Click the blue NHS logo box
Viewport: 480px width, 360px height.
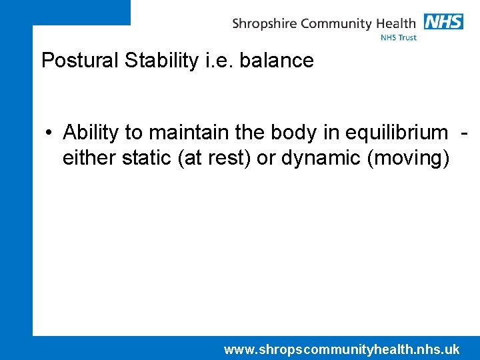(x=443, y=21)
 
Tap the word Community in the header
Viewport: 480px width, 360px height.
(x=335, y=24)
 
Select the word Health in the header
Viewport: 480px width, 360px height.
(x=395, y=23)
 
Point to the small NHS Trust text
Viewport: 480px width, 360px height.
(x=399, y=37)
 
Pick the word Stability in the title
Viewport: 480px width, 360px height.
(x=157, y=61)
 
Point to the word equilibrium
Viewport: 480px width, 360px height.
(x=395, y=133)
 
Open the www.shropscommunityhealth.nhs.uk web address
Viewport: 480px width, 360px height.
(x=341, y=349)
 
